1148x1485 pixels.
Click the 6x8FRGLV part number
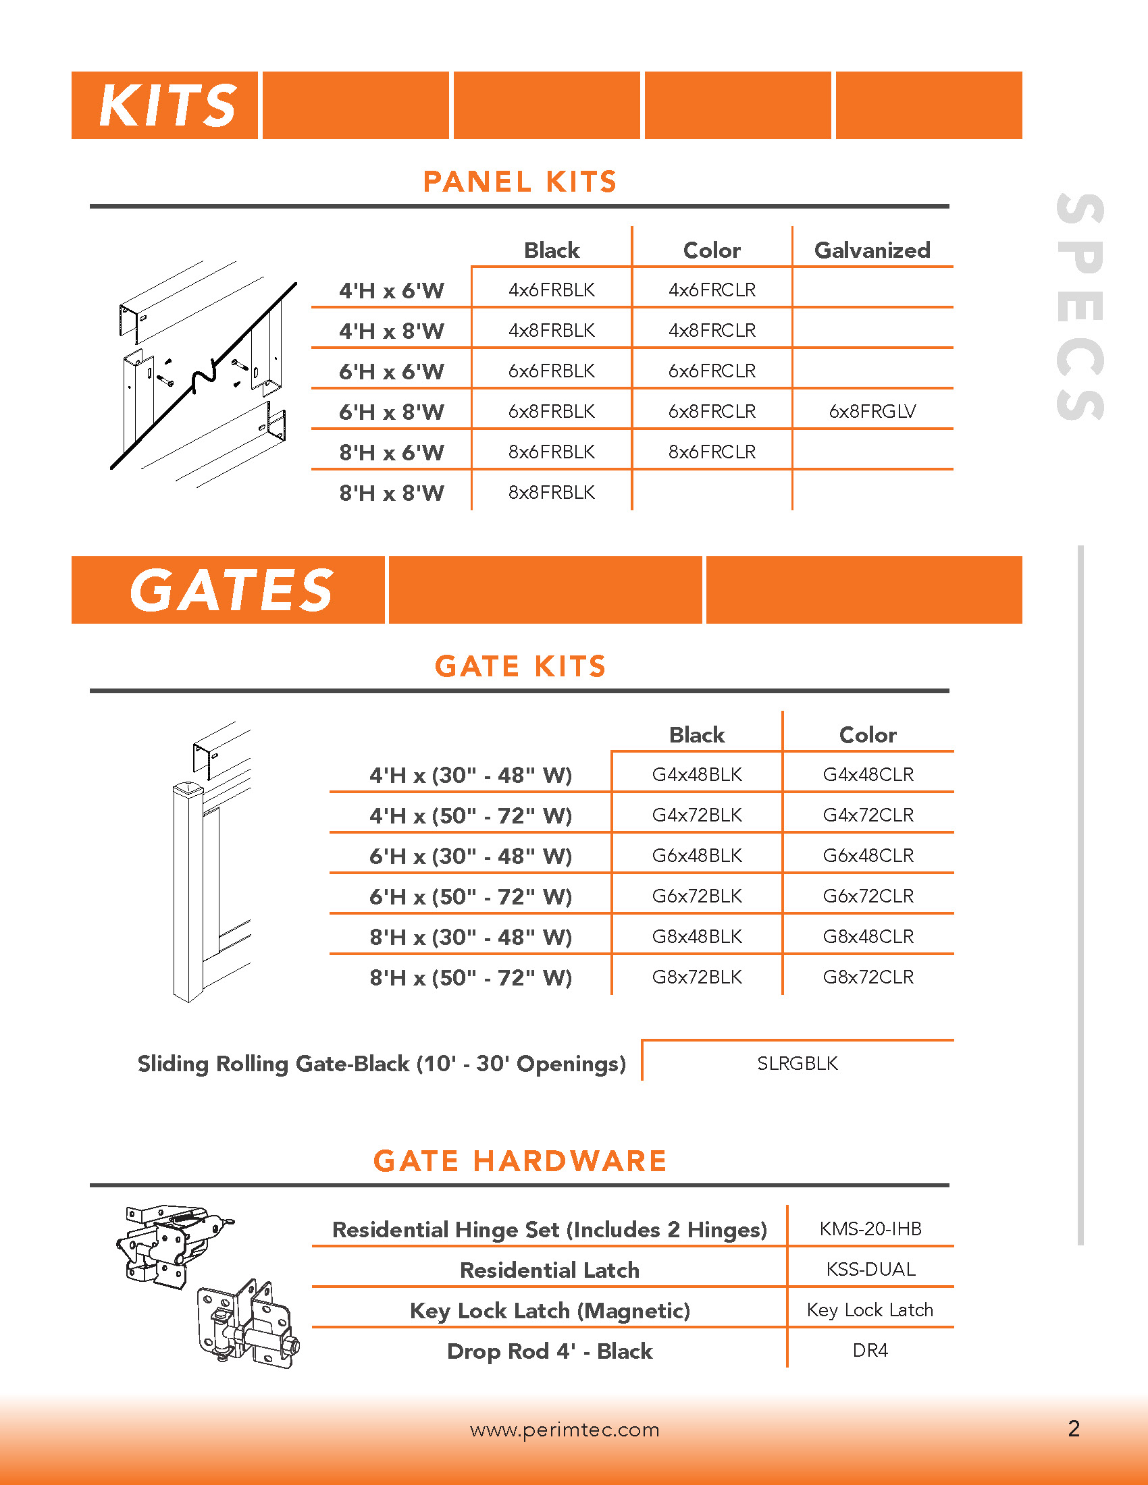872,411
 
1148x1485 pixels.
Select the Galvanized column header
872,250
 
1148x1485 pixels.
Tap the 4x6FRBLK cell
552,290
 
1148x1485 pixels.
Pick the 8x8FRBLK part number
552,492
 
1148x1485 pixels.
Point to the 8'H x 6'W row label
391,453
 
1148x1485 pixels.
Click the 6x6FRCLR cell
712,371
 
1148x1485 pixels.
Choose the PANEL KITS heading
519,182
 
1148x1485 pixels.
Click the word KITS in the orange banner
167,106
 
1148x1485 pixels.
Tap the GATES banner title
231,590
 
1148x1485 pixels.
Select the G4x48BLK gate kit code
696,775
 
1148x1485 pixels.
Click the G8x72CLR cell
868,977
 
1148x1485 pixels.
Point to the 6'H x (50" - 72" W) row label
471,897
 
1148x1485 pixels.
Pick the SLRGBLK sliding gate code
797,1063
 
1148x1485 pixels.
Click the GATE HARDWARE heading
519,1162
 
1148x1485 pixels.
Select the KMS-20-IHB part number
870,1229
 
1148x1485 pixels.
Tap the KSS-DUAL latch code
870,1270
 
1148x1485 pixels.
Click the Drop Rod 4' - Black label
550,1351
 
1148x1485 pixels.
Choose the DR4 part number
870,1351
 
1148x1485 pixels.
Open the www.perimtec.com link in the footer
565,1430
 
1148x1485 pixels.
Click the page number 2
1074,1428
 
